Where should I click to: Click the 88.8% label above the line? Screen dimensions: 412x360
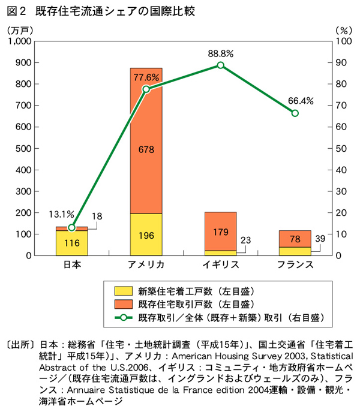[x=220, y=53]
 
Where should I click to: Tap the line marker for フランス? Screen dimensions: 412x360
[x=295, y=113]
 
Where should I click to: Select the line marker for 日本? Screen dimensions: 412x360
[x=72, y=227]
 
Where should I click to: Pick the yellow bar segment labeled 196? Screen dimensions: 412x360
[x=146, y=234]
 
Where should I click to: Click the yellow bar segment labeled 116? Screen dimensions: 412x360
[x=72, y=243]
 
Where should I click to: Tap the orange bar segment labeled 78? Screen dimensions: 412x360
[x=295, y=239]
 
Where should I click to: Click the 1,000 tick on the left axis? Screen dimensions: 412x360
[x=20, y=41]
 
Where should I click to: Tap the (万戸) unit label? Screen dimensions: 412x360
[x=18, y=29]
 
